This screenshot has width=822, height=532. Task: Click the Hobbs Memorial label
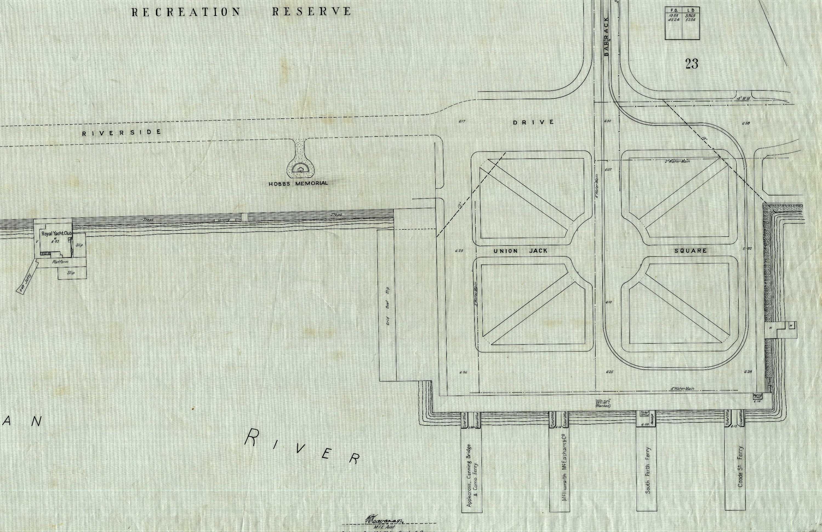[298, 183]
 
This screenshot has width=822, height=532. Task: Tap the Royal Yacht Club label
[57, 234]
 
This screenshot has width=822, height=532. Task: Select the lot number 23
[692, 64]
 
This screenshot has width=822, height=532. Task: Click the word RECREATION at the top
[186, 12]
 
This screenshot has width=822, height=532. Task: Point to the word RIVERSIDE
[122, 133]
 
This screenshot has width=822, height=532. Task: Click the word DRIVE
[533, 122]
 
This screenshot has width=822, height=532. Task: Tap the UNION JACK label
[521, 251]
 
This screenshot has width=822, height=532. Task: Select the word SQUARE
[691, 251]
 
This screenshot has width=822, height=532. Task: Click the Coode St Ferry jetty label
[740, 466]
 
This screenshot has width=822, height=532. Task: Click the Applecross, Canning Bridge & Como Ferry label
[472, 475]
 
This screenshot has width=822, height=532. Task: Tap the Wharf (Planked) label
[603, 403]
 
